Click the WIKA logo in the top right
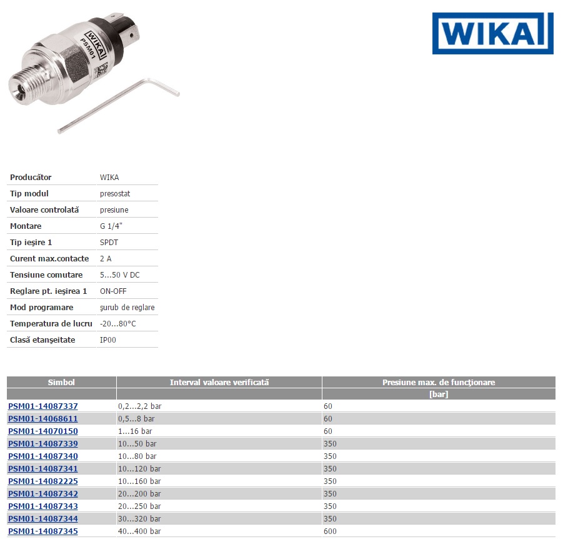[492, 33]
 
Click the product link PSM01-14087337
[43, 406]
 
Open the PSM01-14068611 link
[43, 418]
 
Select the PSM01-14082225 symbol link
[43, 481]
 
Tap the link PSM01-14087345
[43, 531]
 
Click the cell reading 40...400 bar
[139, 531]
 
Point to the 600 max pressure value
[330, 531]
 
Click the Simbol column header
[61, 382]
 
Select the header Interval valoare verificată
[219, 382]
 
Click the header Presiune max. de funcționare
[439, 382]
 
